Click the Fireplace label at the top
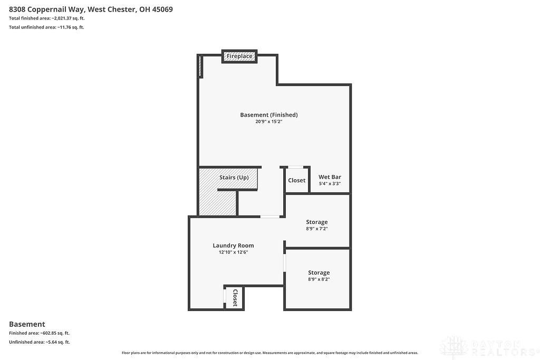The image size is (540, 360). (x=239, y=56)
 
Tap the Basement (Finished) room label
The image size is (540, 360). (x=269, y=114)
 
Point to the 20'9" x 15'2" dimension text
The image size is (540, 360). (x=268, y=121)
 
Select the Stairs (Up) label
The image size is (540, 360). (x=234, y=177)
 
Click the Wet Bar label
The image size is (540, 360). (x=330, y=177)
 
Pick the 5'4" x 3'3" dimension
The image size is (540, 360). (x=330, y=183)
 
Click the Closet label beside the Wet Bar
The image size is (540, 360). (x=297, y=180)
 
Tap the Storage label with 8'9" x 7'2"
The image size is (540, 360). (x=317, y=222)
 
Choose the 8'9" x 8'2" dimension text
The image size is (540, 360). (x=319, y=279)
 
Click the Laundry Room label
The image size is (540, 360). (x=233, y=246)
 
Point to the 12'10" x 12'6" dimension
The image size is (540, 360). (x=234, y=252)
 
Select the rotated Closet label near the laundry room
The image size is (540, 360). (x=235, y=298)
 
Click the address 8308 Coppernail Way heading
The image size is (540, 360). (x=91, y=9)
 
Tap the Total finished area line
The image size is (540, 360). (x=47, y=18)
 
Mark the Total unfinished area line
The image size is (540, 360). (x=46, y=27)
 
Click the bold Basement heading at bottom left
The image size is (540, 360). (x=27, y=324)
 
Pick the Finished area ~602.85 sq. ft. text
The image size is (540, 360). (x=39, y=333)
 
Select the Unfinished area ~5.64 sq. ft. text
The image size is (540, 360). (x=39, y=342)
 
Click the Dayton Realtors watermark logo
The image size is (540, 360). (x=489, y=347)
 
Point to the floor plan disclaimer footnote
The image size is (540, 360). (x=270, y=353)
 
